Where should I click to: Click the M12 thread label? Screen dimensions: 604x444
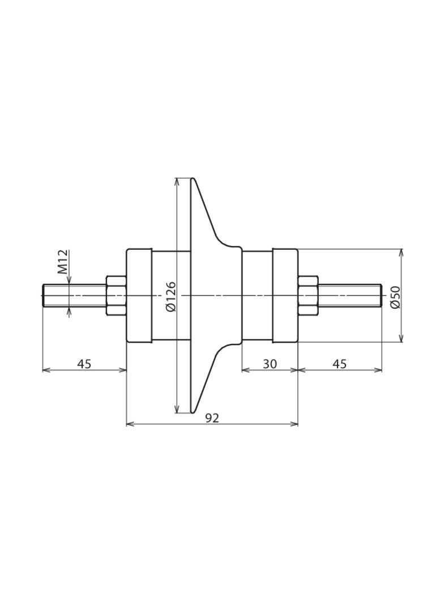pos(63,262)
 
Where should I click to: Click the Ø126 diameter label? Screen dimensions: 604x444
pos(170,296)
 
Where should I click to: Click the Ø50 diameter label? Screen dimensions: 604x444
pos(395,297)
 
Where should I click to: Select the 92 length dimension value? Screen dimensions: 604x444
pos(212,418)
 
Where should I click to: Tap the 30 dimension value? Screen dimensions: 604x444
pos(270,364)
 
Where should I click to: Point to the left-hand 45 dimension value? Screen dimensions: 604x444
pos(84,364)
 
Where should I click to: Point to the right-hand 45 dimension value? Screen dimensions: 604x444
pos(339,364)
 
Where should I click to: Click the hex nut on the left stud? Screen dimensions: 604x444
pos(116,295)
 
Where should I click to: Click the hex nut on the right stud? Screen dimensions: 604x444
pos(308,295)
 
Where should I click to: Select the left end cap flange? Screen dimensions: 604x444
pos(139,295)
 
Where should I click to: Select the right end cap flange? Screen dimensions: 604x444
pos(285,295)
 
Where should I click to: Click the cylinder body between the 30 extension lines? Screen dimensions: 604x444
pos(258,295)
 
